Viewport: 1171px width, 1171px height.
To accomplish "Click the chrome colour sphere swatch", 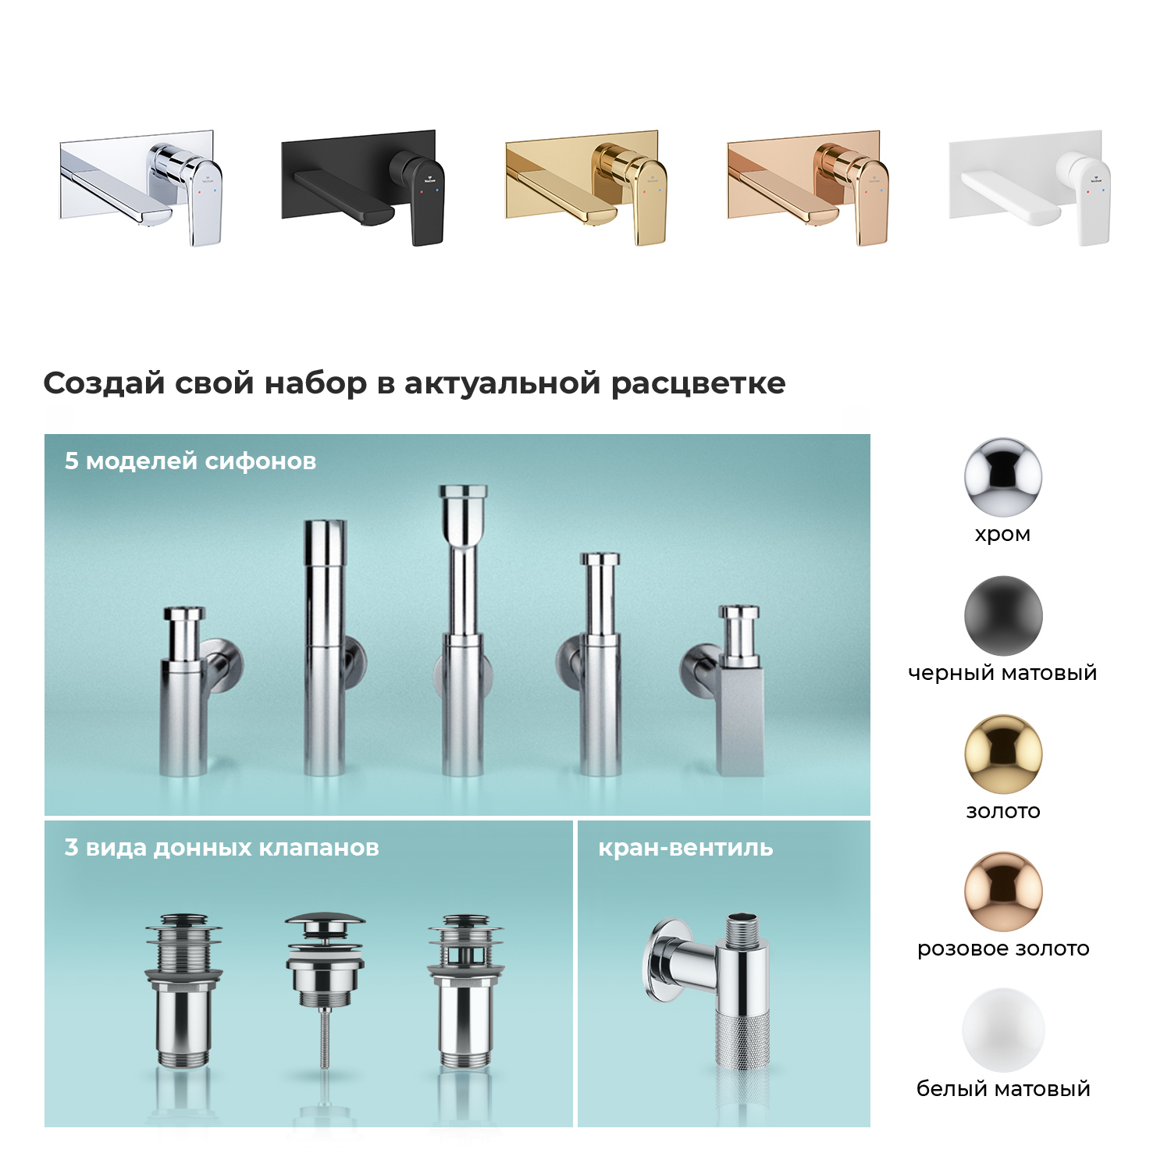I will tap(1003, 477).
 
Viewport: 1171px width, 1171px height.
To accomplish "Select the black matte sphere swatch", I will tap(1003, 616).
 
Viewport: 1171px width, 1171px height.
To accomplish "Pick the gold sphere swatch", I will tap(1003, 754).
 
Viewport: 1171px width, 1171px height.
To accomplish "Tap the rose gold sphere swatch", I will tap(1003, 892).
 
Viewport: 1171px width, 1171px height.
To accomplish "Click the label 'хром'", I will tap(1003, 535).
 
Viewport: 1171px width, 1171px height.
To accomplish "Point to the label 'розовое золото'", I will tap(1003, 949).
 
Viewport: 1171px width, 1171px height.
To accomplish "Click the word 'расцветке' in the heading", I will tap(698, 384).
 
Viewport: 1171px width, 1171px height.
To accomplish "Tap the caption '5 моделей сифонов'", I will tap(190, 461).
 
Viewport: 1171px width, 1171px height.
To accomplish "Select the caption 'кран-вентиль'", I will tap(685, 848).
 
